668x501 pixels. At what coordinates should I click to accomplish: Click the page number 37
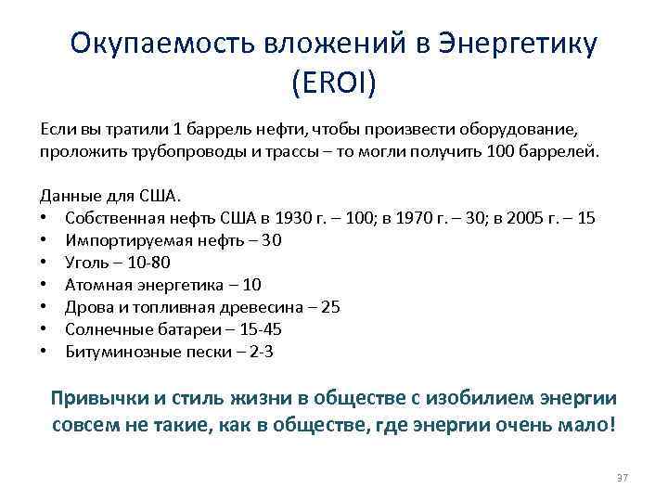tap(623, 477)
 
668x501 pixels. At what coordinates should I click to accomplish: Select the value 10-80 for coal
tap(148, 263)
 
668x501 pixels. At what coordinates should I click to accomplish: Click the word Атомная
tap(97, 285)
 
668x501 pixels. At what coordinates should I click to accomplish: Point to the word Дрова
tap(87, 307)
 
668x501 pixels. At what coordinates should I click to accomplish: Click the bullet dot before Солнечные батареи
tap(44, 330)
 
